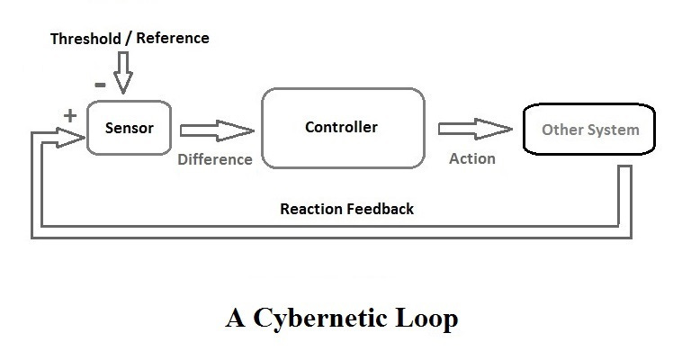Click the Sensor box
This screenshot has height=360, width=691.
point(129,128)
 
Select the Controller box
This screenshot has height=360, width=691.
point(342,128)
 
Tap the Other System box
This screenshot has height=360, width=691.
point(589,130)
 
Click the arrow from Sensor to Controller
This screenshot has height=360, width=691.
point(217,131)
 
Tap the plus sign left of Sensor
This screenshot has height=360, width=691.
point(69,115)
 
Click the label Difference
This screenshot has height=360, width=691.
point(215,159)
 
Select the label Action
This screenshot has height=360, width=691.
point(471,158)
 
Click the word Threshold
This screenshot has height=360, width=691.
point(85,38)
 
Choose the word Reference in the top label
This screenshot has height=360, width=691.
point(174,38)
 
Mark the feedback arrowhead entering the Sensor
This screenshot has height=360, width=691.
point(73,137)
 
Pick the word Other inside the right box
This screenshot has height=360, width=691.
point(561,130)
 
